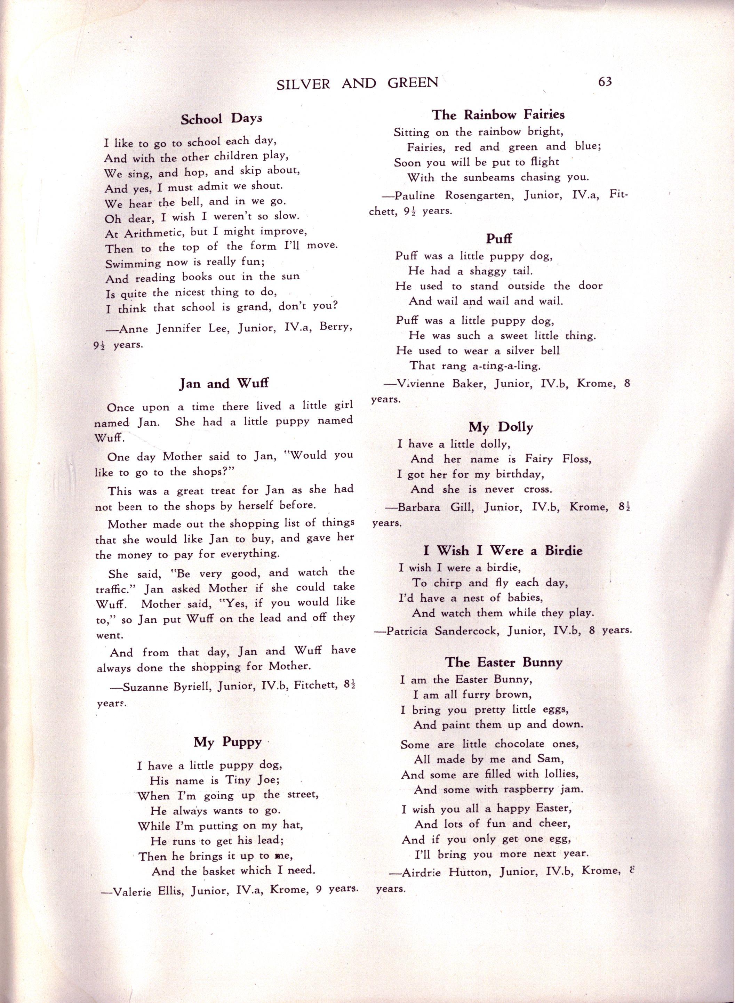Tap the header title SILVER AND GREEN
tap(357, 83)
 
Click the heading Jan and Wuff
tap(224, 384)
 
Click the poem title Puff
tap(499, 239)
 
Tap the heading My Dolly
tap(501, 427)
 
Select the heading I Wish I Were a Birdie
tap(503, 551)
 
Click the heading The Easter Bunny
tap(504, 662)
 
